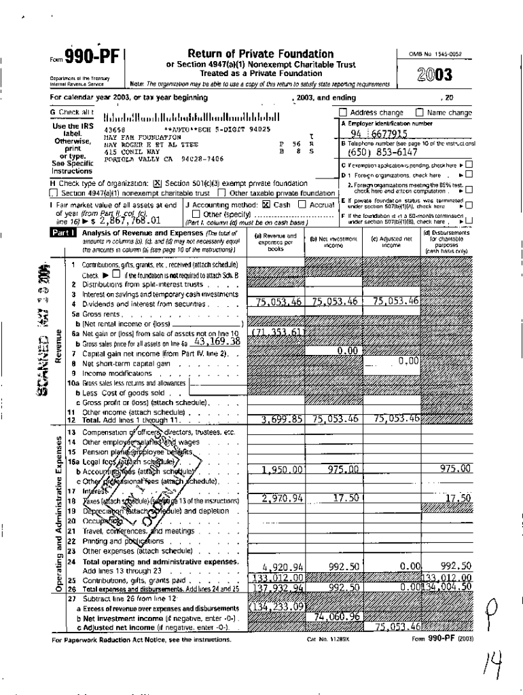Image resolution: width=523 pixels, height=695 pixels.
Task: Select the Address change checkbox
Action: [343, 113]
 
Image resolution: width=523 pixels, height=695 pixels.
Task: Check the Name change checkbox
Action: [419, 113]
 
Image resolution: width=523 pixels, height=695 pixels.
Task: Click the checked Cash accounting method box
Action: [266, 204]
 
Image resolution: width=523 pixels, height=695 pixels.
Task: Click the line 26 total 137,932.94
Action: [277, 587]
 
